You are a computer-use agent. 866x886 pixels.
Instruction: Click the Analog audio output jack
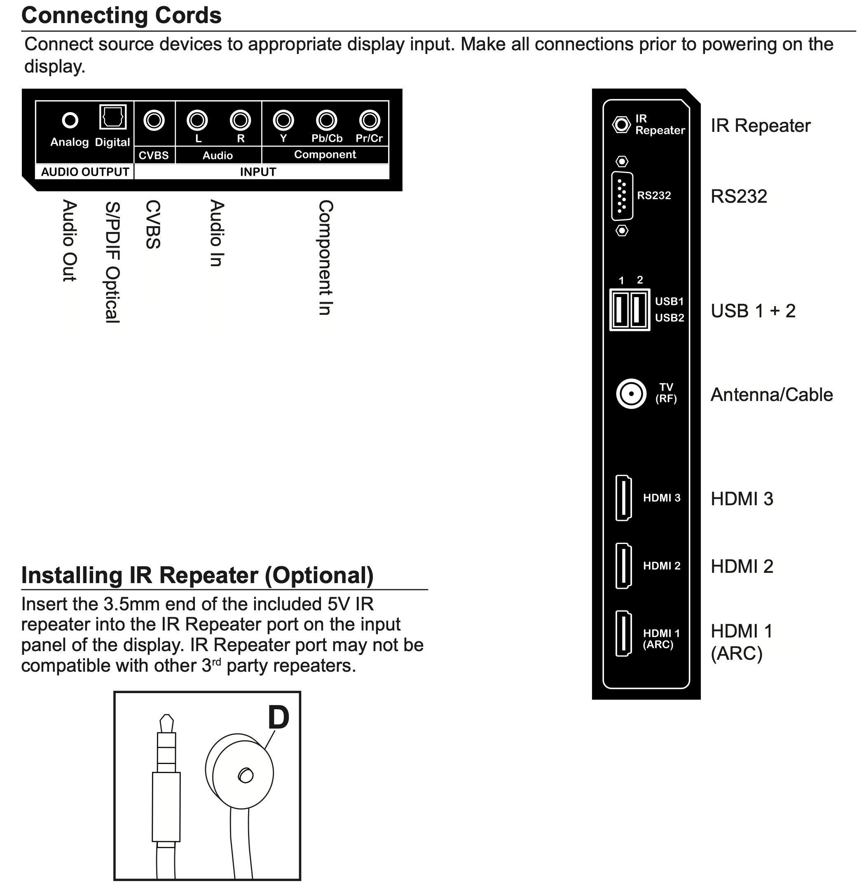(x=70, y=120)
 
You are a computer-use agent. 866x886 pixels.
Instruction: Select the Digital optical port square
(x=113, y=117)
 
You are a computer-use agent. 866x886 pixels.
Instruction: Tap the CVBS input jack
(x=154, y=120)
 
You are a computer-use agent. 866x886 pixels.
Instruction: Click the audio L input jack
(x=197, y=120)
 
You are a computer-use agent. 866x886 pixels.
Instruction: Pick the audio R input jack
(x=240, y=120)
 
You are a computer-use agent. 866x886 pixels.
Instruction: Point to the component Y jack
(x=283, y=120)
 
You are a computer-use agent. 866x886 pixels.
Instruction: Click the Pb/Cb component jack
(x=327, y=120)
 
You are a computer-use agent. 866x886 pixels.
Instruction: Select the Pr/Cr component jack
(x=369, y=120)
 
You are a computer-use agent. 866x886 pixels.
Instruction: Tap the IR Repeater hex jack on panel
(x=621, y=124)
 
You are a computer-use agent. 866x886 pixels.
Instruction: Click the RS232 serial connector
(x=622, y=196)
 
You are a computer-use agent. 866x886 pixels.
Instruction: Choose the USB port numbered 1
(x=620, y=309)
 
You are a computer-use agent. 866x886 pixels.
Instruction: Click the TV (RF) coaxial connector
(x=631, y=393)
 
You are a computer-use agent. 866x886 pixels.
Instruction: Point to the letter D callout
(x=279, y=717)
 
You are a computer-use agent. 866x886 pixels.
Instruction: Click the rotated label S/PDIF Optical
(x=113, y=262)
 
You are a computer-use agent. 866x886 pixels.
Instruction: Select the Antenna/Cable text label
(x=771, y=394)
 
